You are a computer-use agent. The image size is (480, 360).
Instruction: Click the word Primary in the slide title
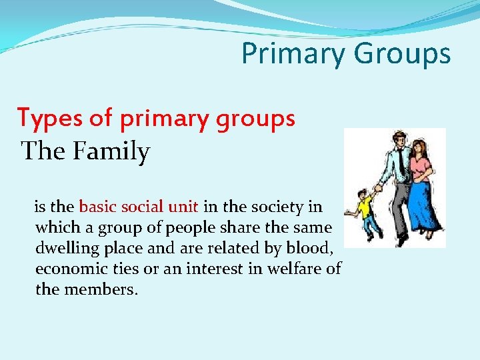[289, 54]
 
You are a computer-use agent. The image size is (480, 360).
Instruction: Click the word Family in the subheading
[112, 151]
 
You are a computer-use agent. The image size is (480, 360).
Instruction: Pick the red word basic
[98, 207]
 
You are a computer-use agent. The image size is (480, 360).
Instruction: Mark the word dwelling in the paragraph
[64, 249]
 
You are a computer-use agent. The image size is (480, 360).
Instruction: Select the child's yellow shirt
[365, 208]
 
